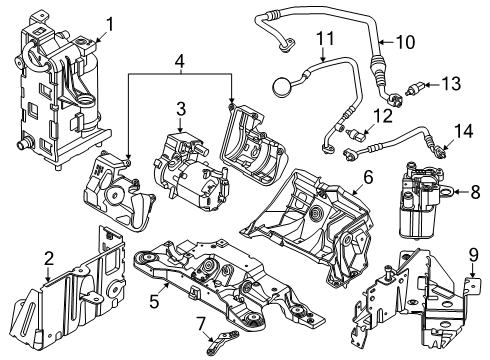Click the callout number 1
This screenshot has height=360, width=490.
(110, 25)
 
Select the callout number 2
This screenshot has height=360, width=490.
(49, 259)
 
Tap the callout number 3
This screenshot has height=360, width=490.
(181, 109)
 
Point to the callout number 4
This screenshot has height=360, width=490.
(180, 61)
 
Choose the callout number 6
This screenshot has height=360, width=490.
(368, 177)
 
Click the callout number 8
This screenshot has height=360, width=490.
(475, 192)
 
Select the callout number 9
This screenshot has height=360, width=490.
(474, 255)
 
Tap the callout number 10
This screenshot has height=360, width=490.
(405, 42)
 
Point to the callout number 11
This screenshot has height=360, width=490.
(325, 38)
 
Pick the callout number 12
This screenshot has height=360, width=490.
(383, 116)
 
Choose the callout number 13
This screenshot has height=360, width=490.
(451, 83)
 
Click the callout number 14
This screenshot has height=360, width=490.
(463, 131)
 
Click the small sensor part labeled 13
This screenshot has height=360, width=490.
(415, 88)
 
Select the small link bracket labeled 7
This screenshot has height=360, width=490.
(222, 341)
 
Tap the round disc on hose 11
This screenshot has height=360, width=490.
(282, 86)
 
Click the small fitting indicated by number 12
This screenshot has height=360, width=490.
(356, 134)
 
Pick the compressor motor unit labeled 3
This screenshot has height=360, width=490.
(188, 171)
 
